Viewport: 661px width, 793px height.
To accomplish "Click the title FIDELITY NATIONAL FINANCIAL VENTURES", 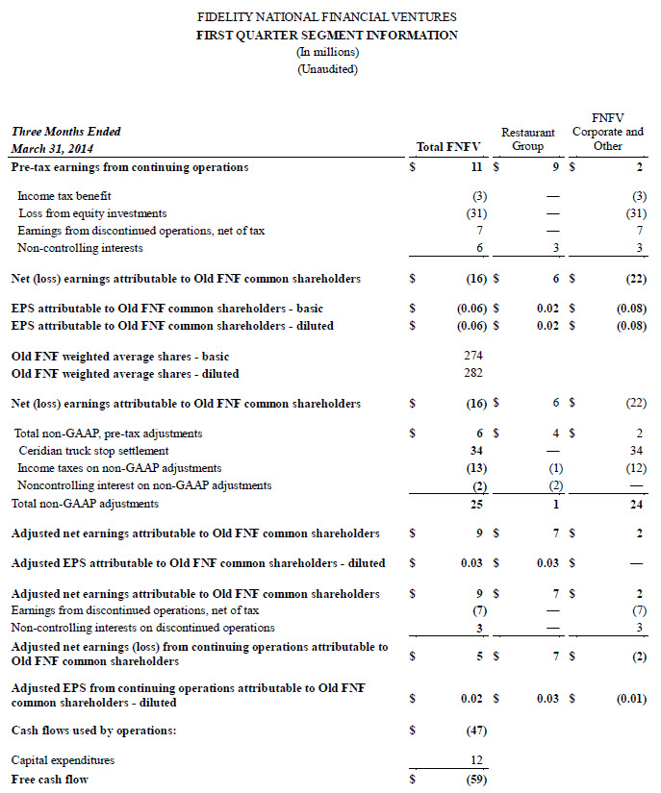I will click(327, 17).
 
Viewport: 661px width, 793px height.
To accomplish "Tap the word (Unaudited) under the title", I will click(327, 69).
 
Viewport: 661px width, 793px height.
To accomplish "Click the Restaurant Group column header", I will click(528, 139).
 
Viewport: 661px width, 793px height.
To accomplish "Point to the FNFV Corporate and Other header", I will click(607, 132).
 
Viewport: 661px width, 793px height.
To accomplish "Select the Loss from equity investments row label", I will click(91, 213).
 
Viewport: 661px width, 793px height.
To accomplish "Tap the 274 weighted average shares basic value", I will click(472, 356).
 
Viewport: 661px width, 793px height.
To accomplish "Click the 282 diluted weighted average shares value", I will click(472, 373).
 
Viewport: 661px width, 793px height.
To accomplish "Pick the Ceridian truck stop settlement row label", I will click(93, 451).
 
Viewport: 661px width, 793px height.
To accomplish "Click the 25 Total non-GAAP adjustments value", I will click(476, 504).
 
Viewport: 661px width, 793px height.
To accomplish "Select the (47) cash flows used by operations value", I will click(474, 731).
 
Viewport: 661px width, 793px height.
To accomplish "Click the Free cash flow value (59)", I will click(474, 779).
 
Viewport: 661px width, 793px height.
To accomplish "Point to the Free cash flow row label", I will click(49, 779).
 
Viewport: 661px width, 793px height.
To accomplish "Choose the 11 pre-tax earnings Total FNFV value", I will click(478, 167).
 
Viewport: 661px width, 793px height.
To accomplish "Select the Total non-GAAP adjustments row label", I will click(85, 504).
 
